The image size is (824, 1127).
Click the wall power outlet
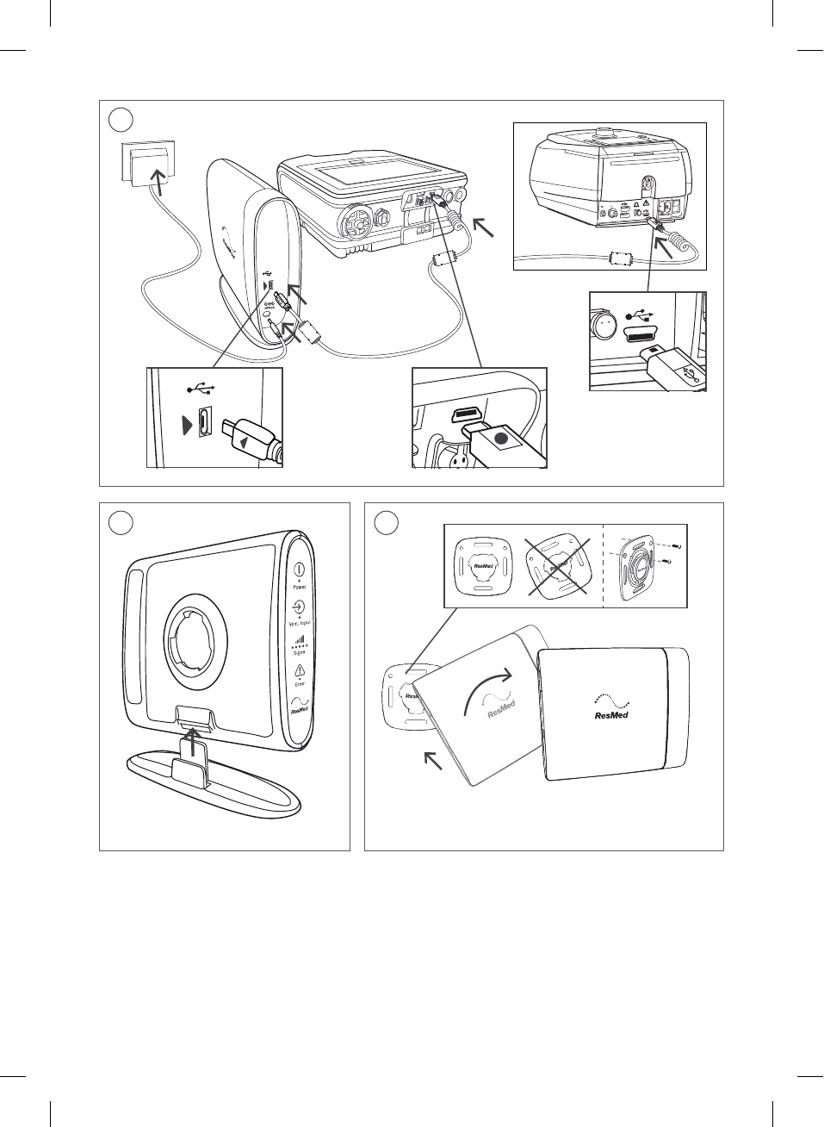(x=147, y=162)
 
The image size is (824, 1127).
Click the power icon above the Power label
(x=299, y=570)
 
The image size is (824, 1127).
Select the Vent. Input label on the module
(x=299, y=623)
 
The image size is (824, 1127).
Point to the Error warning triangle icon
(x=300, y=671)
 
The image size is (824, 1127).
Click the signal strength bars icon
(x=299, y=641)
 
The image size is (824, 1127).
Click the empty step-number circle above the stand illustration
(x=121, y=522)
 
